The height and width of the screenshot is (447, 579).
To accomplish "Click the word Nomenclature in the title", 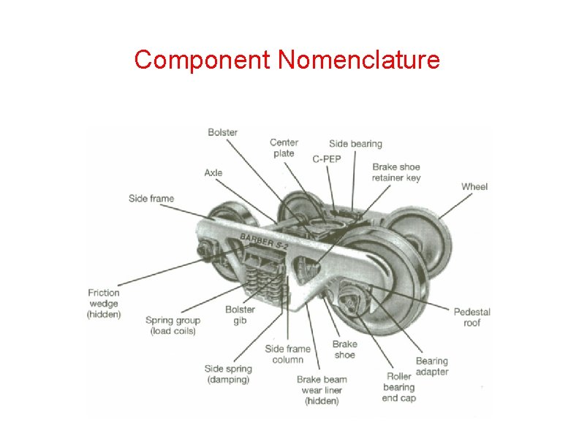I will click(x=359, y=60).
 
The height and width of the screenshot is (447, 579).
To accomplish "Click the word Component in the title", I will click(x=202, y=60).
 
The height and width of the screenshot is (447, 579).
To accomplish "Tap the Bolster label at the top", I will click(x=222, y=132).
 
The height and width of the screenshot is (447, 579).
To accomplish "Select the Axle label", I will click(x=213, y=173).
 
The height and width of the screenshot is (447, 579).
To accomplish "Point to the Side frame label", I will click(x=151, y=199).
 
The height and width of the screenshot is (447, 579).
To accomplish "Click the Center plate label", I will click(x=284, y=148).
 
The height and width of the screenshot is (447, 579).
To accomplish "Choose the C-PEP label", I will click(x=327, y=158).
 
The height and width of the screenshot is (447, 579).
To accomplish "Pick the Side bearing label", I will click(x=355, y=143).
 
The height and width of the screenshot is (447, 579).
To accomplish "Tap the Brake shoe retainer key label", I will click(x=396, y=172).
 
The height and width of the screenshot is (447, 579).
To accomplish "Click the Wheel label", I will click(x=474, y=187).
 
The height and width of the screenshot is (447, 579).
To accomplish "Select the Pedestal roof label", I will click(x=472, y=317).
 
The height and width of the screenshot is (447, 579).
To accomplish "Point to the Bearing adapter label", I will click(x=431, y=366).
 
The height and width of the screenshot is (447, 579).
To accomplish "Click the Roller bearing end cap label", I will click(x=398, y=387).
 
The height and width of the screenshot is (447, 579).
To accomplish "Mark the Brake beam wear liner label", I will click(x=322, y=390).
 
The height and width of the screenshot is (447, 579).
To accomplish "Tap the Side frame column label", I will click(x=287, y=354).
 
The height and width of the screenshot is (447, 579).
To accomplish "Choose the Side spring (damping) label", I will click(x=228, y=374).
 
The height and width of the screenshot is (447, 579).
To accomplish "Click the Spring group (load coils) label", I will click(x=173, y=326).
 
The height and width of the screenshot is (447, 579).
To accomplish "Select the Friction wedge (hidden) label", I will click(x=104, y=303).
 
